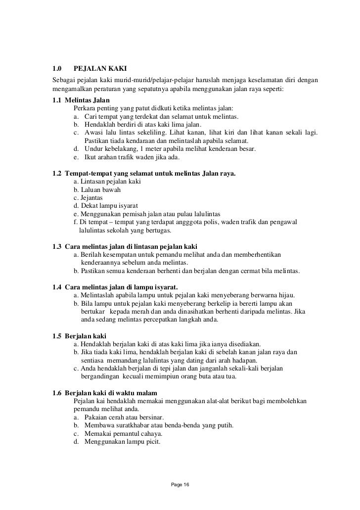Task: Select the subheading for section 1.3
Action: pos(124,246)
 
